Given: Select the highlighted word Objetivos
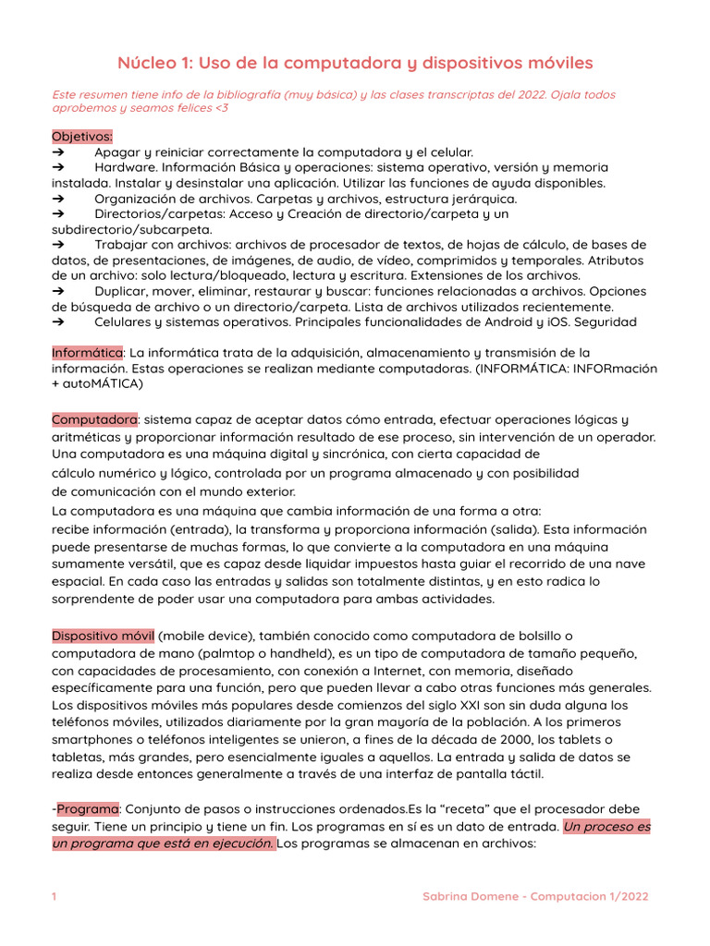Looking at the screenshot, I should (82, 136).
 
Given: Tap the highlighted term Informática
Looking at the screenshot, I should (87, 352).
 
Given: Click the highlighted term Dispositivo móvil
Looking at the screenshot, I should (103, 635).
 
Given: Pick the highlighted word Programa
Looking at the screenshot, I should (89, 808).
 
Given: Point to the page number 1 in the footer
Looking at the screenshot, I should (55, 896).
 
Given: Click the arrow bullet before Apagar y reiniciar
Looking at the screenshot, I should (58, 152).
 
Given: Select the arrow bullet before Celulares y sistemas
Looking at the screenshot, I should (58, 321).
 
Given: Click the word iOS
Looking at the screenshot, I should (563, 321).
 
